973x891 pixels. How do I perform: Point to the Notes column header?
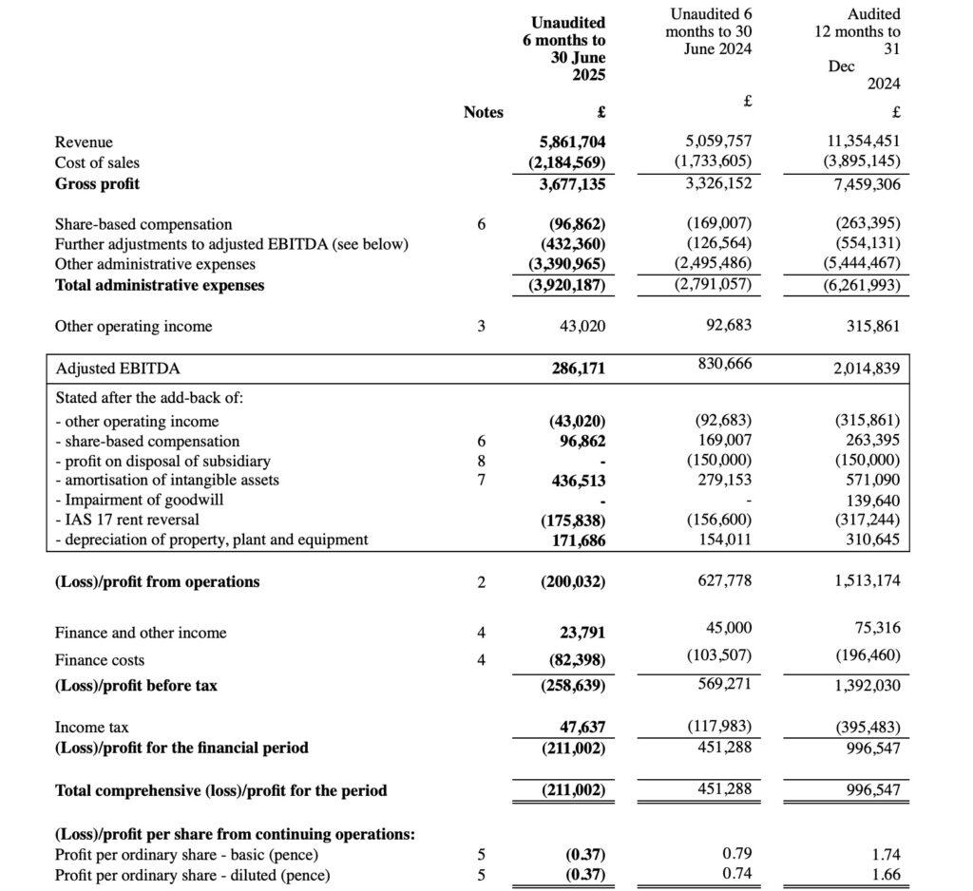(x=483, y=112)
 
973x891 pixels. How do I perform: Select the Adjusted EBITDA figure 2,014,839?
(x=867, y=369)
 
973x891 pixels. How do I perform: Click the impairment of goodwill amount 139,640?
(x=873, y=500)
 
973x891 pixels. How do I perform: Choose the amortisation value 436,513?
(x=578, y=481)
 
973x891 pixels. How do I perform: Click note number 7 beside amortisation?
(x=481, y=481)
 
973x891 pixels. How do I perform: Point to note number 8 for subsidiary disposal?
(x=481, y=461)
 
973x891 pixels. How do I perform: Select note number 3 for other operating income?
(x=481, y=327)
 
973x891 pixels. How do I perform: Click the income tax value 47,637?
(x=582, y=728)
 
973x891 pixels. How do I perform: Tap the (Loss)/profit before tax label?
(x=136, y=685)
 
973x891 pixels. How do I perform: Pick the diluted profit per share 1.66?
(x=884, y=875)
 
